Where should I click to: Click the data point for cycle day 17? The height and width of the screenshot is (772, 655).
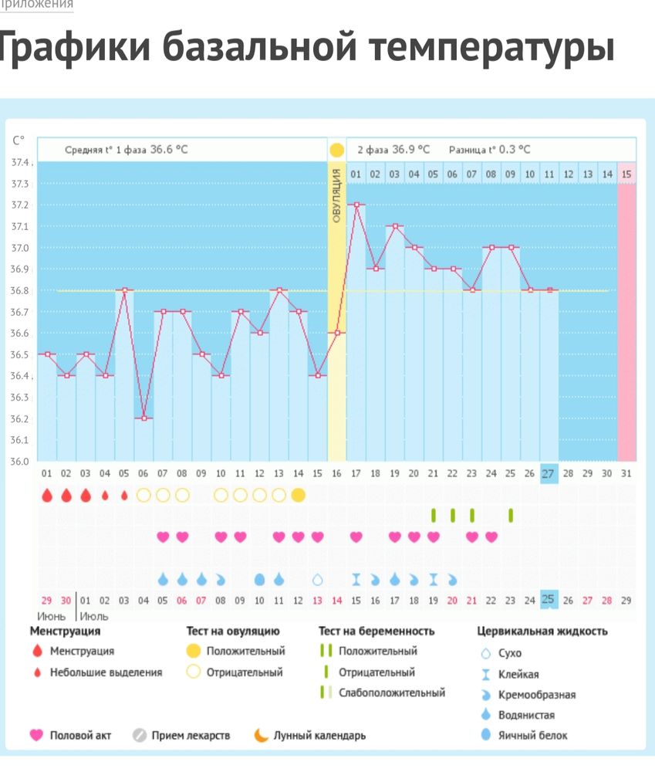click(356, 205)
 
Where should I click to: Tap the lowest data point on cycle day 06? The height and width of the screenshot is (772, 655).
click(143, 418)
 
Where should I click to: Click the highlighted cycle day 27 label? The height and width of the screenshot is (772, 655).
click(549, 473)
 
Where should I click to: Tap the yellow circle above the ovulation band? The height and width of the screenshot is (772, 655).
click(337, 150)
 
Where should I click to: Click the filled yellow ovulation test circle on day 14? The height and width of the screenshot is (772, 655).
click(299, 495)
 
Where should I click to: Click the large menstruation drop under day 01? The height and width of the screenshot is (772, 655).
click(47, 495)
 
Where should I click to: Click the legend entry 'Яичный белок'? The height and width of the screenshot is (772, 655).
click(532, 736)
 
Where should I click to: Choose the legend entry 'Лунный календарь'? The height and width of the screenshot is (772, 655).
click(319, 736)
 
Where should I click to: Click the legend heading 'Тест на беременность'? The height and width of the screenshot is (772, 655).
click(376, 631)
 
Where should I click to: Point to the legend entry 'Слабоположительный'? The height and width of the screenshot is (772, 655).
click(391, 692)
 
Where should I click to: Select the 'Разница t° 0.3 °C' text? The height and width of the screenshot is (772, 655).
click(490, 150)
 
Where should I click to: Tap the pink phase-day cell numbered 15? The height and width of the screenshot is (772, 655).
click(626, 174)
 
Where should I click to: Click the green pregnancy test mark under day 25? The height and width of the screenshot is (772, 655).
click(510, 515)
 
